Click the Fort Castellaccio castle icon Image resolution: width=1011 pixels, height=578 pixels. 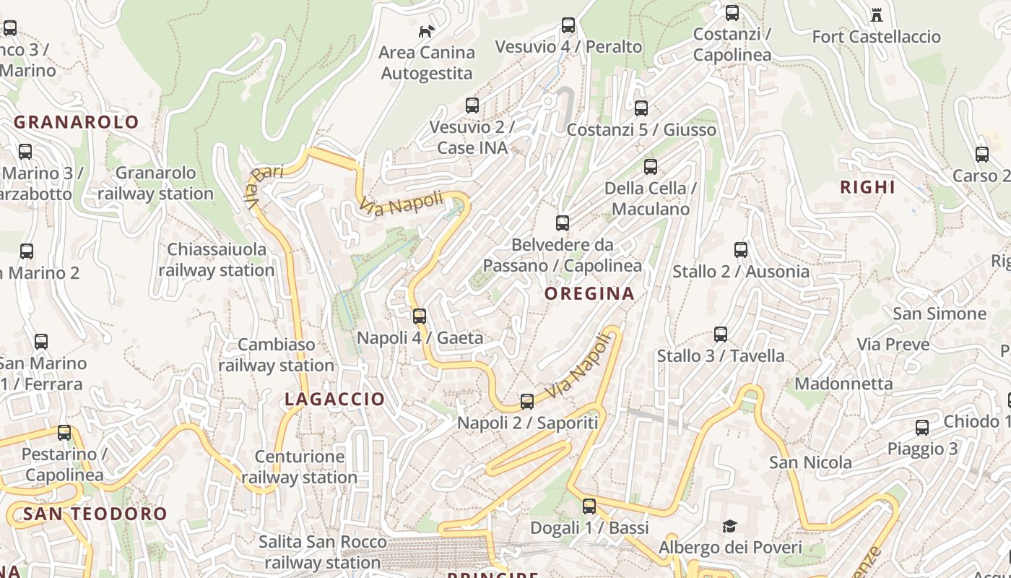877,14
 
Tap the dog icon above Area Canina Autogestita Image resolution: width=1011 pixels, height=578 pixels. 427,31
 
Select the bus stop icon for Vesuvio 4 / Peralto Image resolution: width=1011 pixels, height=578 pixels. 568,25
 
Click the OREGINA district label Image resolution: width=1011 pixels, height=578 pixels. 589,293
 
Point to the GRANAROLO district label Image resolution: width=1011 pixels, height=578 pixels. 76,122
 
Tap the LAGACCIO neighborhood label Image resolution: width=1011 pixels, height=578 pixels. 334,399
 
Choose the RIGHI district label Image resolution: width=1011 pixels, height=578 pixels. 867,187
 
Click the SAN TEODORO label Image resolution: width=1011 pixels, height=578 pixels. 95,514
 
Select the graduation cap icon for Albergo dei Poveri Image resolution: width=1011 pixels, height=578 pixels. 729,526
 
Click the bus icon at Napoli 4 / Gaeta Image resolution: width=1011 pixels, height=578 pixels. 419,316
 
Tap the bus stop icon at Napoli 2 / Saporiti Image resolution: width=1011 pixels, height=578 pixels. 527,402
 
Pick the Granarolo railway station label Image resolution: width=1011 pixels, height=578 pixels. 155,184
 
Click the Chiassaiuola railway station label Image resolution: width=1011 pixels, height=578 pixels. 216,259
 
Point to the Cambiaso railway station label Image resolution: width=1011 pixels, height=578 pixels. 276,355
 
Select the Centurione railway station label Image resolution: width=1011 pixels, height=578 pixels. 299,467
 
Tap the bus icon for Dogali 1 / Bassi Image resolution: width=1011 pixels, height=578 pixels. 589,506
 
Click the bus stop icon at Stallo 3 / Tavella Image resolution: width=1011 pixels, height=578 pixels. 720,335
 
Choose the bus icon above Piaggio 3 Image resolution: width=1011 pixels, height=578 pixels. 922,428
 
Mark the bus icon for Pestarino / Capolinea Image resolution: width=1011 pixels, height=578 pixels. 64,433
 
